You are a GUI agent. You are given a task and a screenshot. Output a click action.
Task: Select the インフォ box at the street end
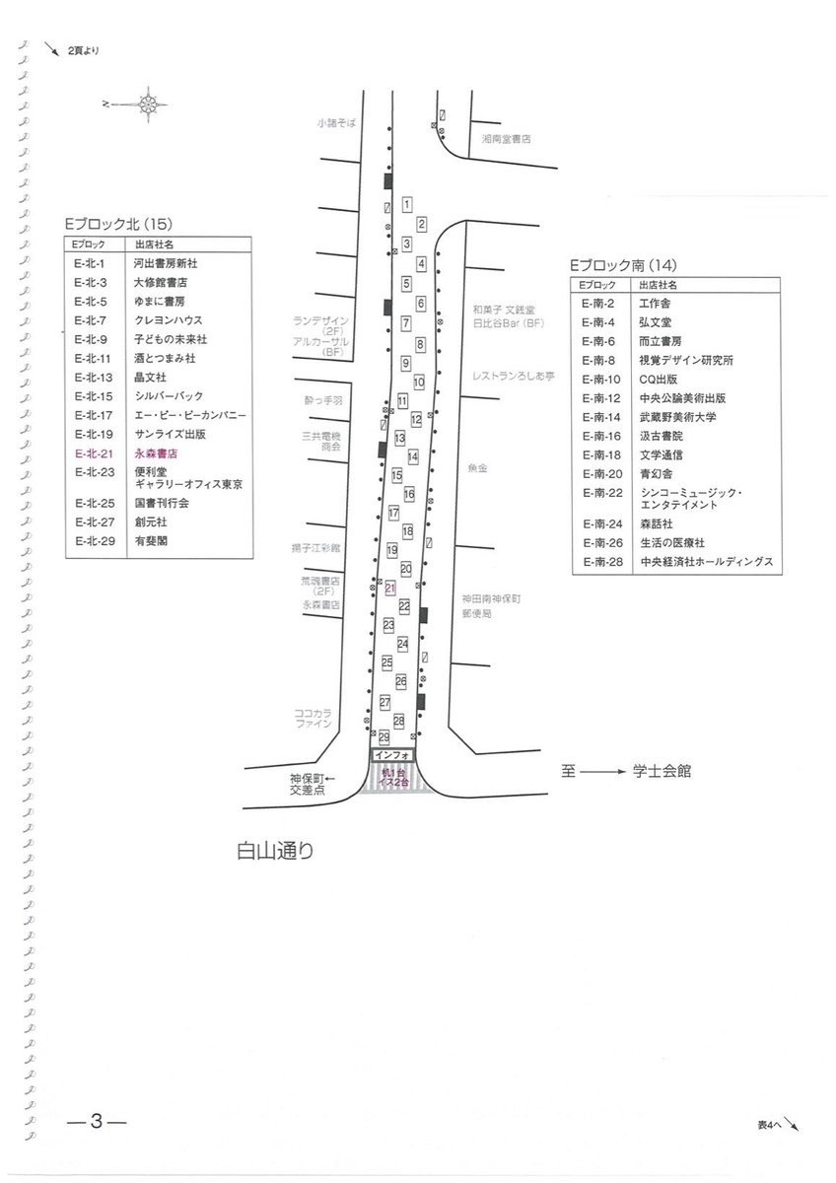pyautogui.click(x=394, y=755)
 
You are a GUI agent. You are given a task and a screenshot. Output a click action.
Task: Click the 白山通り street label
pyautogui.click(x=274, y=851)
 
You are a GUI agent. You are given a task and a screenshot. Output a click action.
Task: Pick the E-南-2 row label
pyautogui.click(x=599, y=303)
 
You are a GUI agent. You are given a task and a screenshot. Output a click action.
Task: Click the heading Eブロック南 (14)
pyautogui.click(x=629, y=265)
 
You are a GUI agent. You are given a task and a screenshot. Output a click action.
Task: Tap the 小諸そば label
pyautogui.click(x=335, y=122)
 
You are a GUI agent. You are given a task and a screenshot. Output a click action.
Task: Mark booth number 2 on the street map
pyautogui.click(x=421, y=224)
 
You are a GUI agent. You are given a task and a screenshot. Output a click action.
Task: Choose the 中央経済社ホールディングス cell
pyautogui.click(x=706, y=561)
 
